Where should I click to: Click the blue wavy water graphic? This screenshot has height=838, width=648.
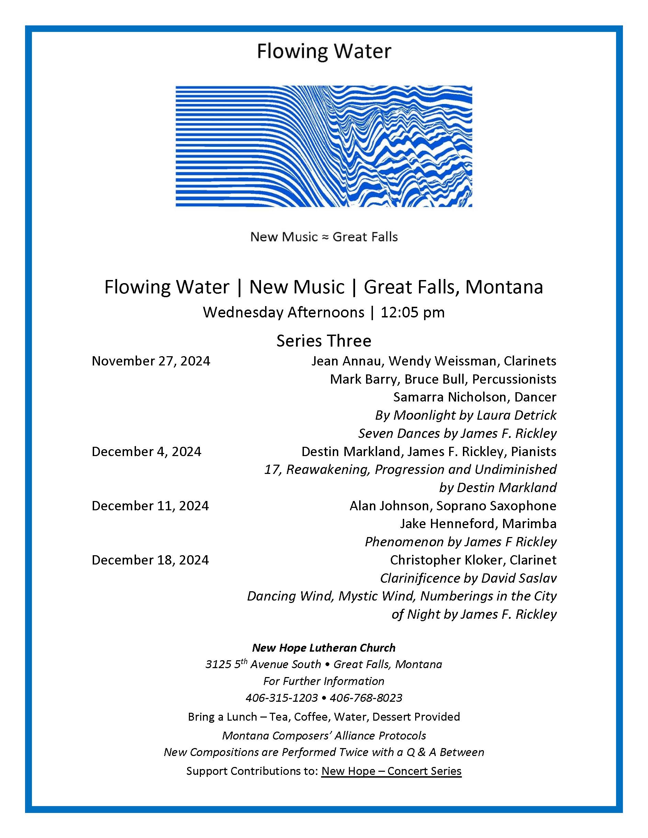323,146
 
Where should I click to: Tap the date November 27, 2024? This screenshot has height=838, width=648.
151,361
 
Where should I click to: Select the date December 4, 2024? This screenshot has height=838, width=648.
146,452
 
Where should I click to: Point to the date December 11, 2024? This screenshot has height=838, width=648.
150,506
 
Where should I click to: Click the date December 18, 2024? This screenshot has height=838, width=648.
150,560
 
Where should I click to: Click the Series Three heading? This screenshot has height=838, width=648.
323,341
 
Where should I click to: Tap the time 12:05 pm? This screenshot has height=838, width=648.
413,312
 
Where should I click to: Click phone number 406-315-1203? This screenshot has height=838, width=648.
282,698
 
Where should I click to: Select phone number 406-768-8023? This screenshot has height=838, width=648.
366,698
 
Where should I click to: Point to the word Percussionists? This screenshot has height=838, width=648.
514,379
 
